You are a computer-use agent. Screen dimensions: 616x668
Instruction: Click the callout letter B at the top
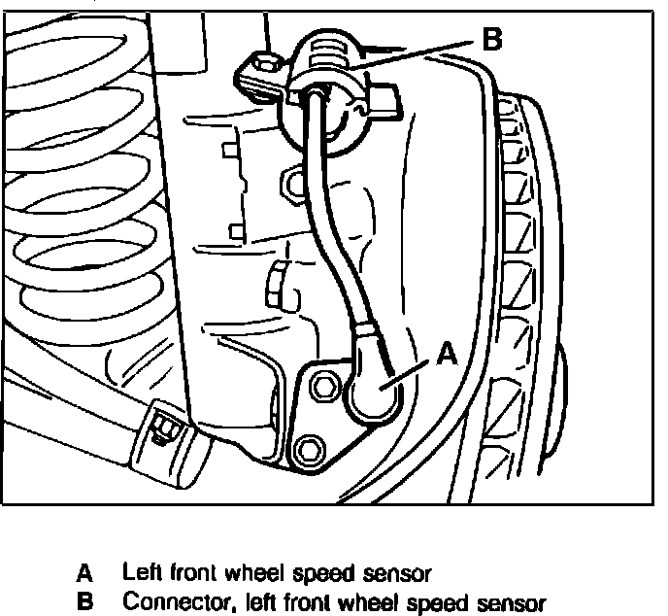pyautogui.click(x=492, y=40)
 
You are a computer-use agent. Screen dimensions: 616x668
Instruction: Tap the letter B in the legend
pyautogui.click(x=85, y=599)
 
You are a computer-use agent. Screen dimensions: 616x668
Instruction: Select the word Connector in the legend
pyautogui.click(x=162, y=599)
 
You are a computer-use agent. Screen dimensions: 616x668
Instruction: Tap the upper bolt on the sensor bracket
pyautogui.click(x=322, y=387)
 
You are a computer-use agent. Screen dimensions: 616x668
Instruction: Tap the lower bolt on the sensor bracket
pyautogui.click(x=309, y=448)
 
